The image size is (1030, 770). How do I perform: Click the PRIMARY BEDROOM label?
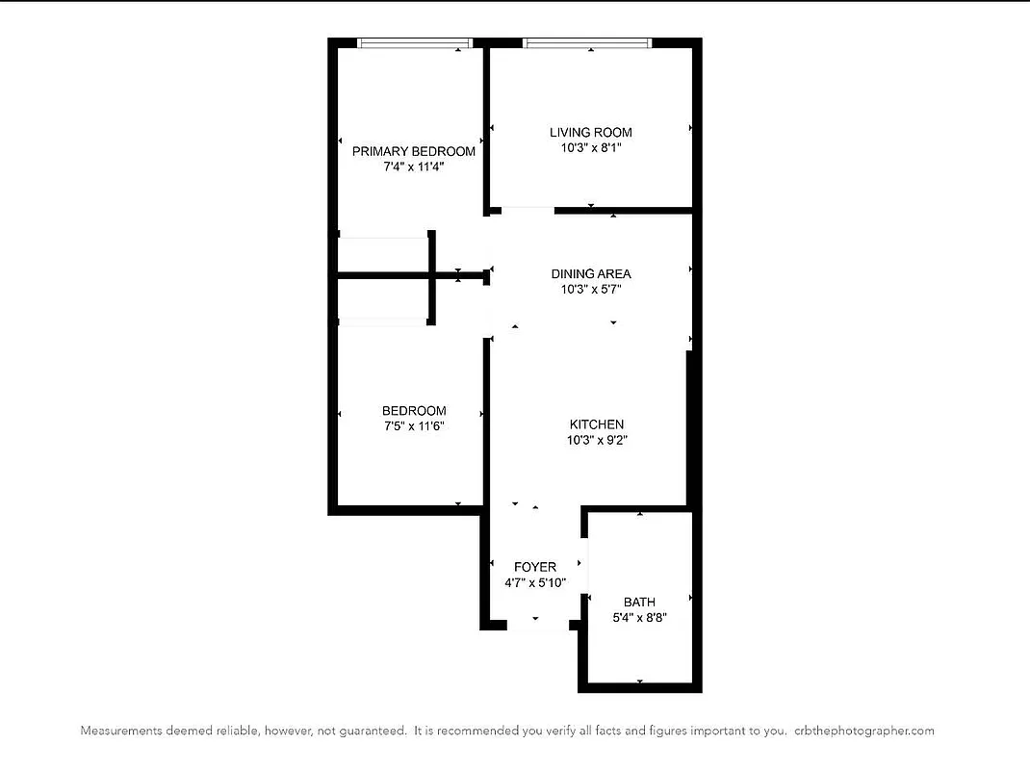(413, 151)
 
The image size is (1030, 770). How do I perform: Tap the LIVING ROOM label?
(590, 132)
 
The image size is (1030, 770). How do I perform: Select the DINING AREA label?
(590, 273)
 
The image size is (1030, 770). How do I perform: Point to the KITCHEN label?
(597, 424)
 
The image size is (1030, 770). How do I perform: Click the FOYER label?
(534, 567)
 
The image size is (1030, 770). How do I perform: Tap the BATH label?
(639, 602)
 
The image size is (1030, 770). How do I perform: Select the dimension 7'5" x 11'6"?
(413, 425)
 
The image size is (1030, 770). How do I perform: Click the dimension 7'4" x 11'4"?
(413, 167)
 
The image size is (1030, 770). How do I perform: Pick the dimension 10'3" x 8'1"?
(590, 147)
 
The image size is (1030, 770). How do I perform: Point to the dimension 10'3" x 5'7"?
(590, 289)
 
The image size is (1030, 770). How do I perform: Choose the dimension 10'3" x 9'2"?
(597, 440)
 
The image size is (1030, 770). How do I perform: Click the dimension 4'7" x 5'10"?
(534, 582)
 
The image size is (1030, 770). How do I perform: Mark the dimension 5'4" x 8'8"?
(639, 617)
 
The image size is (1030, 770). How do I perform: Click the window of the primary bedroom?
(414, 42)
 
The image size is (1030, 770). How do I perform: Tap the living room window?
(587, 42)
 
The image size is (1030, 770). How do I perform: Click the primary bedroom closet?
(382, 255)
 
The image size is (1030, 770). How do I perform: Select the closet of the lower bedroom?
(382, 300)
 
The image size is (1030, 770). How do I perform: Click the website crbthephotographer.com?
(864, 731)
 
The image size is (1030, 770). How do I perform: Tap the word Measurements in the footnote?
(120, 731)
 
